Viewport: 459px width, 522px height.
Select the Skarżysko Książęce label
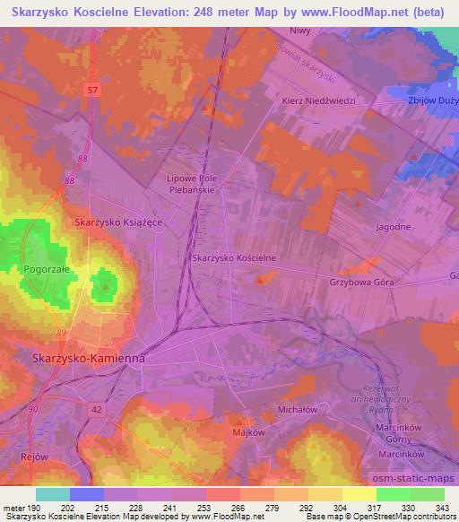coord(117,222)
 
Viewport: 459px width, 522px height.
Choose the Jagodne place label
coord(394,227)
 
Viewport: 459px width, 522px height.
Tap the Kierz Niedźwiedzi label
coord(319,100)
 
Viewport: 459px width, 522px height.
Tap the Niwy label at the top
coord(300,30)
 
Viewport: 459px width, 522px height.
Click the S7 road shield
coord(93,91)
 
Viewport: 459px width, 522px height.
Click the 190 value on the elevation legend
coord(36,508)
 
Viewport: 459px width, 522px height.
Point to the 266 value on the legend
coord(239,508)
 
